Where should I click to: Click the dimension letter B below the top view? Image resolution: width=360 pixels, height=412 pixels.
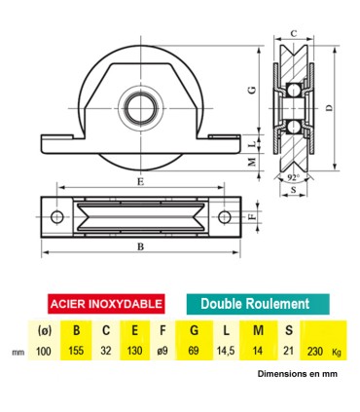141,247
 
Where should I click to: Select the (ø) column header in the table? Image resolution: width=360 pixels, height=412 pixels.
42,329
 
